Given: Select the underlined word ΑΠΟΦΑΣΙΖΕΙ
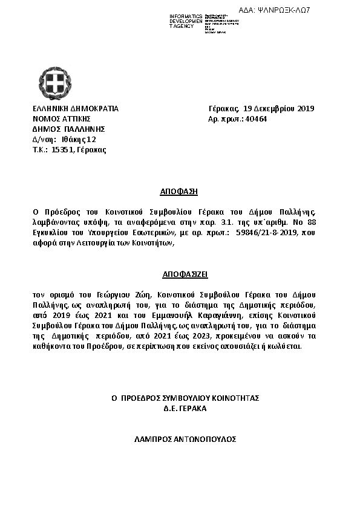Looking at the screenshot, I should (179, 274).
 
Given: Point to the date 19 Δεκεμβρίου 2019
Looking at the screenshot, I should (278, 109).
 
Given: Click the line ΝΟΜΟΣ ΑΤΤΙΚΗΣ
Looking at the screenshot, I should (61, 119).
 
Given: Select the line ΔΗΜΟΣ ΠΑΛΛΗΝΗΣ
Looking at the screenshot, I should (69, 129).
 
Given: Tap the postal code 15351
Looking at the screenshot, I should (63, 149).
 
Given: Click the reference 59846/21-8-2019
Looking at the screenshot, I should (269, 232).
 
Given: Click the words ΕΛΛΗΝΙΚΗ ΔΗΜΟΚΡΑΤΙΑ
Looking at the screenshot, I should (76, 109).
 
